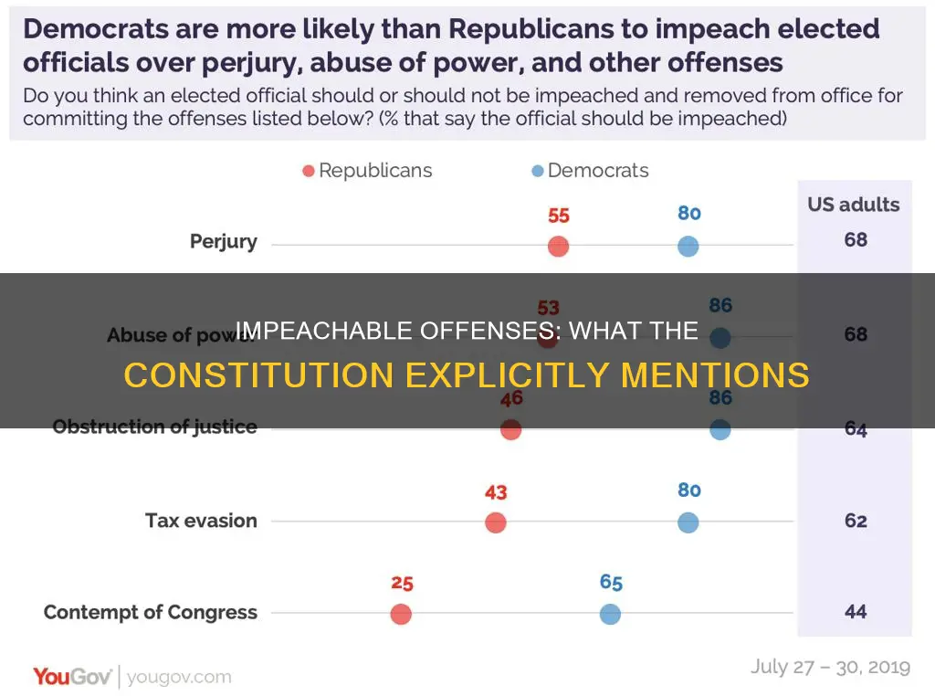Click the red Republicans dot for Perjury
(558, 247)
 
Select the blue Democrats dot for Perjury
(688, 247)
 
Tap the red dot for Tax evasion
(495, 522)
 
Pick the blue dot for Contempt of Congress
(610, 614)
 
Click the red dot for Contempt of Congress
(400, 614)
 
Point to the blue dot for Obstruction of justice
(720, 429)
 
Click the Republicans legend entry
(367, 171)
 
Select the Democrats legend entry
(590, 171)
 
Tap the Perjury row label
(224, 242)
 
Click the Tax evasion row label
(201, 521)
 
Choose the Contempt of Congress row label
(151, 612)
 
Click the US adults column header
(853, 205)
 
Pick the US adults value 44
(855, 612)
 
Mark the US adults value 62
(855, 521)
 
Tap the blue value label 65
(611, 583)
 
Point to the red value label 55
(559, 216)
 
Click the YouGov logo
(73, 677)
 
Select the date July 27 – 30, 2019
(830, 667)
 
